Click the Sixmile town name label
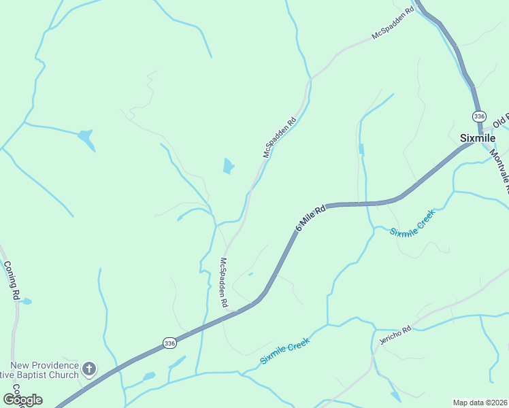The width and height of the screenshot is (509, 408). [476, 137]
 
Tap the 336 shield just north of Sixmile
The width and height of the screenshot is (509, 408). [480, 116]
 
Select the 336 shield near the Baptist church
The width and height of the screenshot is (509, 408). [170, 343]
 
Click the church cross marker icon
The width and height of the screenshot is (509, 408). [88, 369]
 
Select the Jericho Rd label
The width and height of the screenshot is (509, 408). [396, 335]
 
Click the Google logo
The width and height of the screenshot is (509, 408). [22, 399]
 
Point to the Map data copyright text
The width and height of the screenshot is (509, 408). [480, 403]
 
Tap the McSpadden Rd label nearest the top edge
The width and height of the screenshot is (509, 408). [393, 24]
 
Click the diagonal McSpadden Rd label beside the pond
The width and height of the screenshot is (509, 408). [280, 138]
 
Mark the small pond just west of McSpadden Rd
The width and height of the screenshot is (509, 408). [229, 165]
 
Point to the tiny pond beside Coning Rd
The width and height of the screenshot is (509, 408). [26, 301]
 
